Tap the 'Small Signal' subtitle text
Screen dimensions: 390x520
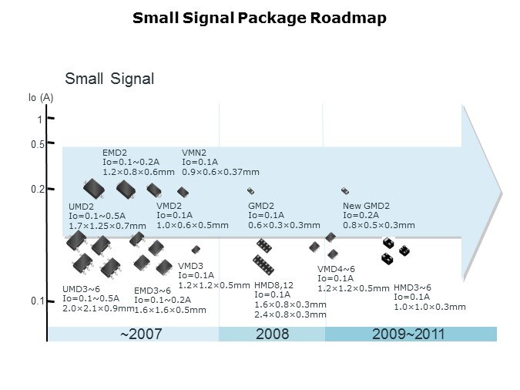[x=109, y=79]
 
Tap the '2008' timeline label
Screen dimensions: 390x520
[x=272, y=335]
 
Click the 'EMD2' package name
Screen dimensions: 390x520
[x=115, y=153]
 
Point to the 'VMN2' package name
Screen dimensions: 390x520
[x=193, y=153]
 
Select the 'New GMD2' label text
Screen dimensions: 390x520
[x=366, y=206]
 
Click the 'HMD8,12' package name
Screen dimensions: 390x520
[x=274, y=284]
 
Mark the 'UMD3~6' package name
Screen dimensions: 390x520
[x=80, y=289]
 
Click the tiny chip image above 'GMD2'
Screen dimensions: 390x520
[x=250, y=190]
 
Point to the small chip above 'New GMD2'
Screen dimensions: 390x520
[x=345, y=190]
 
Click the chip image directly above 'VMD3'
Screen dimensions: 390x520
[x=196, y=249]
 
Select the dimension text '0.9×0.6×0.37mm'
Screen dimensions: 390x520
[x=220, y=172]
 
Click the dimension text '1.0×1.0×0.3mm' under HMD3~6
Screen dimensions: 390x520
[x=429, y=307]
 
